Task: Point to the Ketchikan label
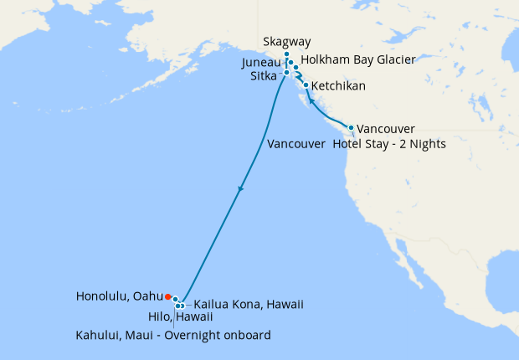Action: pos(339,86)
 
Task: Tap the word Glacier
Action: pos(393,60)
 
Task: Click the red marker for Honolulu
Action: pos(167,296)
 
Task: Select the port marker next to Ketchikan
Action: pos(306,85)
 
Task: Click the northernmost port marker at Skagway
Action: pos(286,54)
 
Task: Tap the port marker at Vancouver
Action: pos(351,126)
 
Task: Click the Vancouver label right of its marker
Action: pos(386,129)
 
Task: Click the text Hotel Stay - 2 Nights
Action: pos(388,144)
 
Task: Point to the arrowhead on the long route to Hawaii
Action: pos(240,188)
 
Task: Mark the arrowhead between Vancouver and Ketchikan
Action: pos(311,101)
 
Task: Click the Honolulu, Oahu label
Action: pos(119,296)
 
